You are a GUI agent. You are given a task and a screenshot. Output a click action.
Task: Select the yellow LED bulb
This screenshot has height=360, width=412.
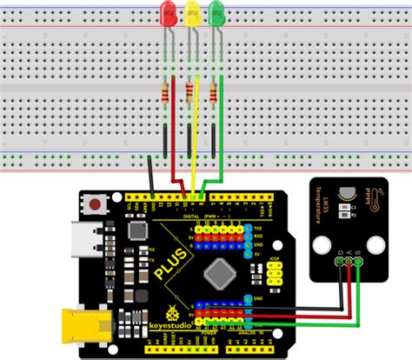point(190,13)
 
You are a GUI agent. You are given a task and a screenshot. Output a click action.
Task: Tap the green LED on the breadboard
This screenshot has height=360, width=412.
point(214,13)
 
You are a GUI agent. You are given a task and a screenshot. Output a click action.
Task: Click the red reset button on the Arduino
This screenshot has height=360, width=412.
point(93,203)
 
